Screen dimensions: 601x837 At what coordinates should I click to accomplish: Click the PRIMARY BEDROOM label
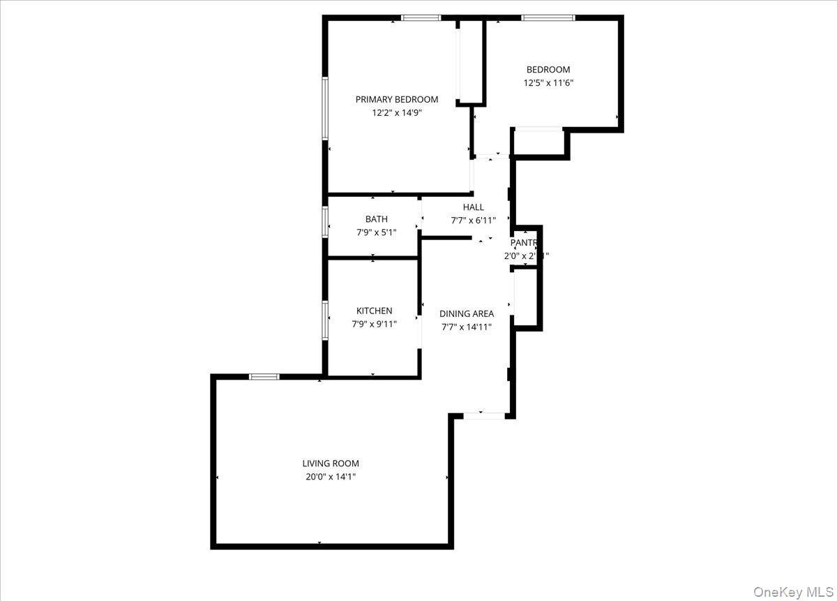pyautogui.click(x=396, y=99)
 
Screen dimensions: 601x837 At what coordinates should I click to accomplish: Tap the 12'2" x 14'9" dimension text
pyautogui.click(x=396, y=112)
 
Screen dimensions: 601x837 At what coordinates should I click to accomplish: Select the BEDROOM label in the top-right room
pyautogui.click(x=548, y=70)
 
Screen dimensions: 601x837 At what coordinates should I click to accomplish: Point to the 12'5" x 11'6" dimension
pyautogui.click(x=548, y=82)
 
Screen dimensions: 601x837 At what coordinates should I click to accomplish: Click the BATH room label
pyautogui.click(x=376, y=219)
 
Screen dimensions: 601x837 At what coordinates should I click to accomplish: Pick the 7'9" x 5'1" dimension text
pyautogui.click(x=376, y=232)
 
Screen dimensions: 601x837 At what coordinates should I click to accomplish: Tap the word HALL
pyautogui.click(x=473, y=207)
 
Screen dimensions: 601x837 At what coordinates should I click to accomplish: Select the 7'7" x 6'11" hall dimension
pyautogui.click(x=473, y=220)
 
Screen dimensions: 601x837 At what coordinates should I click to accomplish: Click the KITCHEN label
pyautogui.click(x=374, y=311)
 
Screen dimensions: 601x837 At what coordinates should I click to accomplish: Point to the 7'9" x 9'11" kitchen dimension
pyautogui.click(x=374, y=323)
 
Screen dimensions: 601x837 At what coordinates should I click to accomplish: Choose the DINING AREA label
pyautogui.click(x=467, y=314)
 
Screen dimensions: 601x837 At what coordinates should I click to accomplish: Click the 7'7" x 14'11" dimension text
pyautogui.click(x=467, y=327)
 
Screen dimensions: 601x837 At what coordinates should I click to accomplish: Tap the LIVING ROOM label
pyautogui.click(x=331, y=463)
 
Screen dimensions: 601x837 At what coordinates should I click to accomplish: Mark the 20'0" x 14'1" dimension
pyautogui.click(x=331, y=477)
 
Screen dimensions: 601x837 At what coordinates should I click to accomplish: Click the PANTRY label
pyautogui.click(x=525, y=243)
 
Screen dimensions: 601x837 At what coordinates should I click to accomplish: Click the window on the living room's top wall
pyautogui.click(x=264, y=377)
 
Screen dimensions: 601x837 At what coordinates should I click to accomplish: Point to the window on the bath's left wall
pyautogui.click(x=325, y=223)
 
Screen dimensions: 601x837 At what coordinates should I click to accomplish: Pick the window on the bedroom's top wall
pyautogui.click(x=548, y=17)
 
